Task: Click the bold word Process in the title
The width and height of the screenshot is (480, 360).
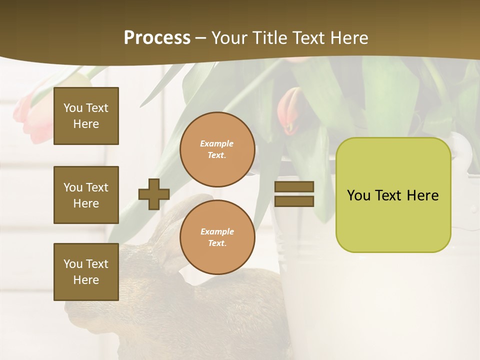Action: click(x=157, y=37)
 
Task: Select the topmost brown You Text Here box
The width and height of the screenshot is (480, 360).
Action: click(x=86, y=116)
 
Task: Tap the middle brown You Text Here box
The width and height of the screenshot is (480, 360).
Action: click(x=86, y=195)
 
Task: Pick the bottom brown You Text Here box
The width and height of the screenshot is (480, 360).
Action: click(x=86, y=272)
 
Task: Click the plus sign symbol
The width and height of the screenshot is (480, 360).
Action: click(x=154, y=194)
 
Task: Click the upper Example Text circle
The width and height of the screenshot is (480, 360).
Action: click(x=217, y=149)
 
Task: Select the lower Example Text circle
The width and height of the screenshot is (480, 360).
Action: click(x=217, y=237)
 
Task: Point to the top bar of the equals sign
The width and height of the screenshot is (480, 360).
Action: click(x=294, y=186)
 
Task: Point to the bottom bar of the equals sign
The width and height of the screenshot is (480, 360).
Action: click(x=294, y=201)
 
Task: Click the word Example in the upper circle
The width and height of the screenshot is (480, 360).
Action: click(x=217, y=143)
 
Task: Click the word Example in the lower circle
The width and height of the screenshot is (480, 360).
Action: click(x=217, y=231)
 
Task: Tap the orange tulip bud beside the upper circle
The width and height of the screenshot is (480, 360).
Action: click(x=289, y=111)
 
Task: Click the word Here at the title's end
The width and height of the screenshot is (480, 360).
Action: click(x=350, y=37)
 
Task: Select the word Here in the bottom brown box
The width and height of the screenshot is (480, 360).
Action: click(x=86, y=280)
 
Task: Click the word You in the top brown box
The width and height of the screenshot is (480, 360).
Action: click(x=73, y=108)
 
